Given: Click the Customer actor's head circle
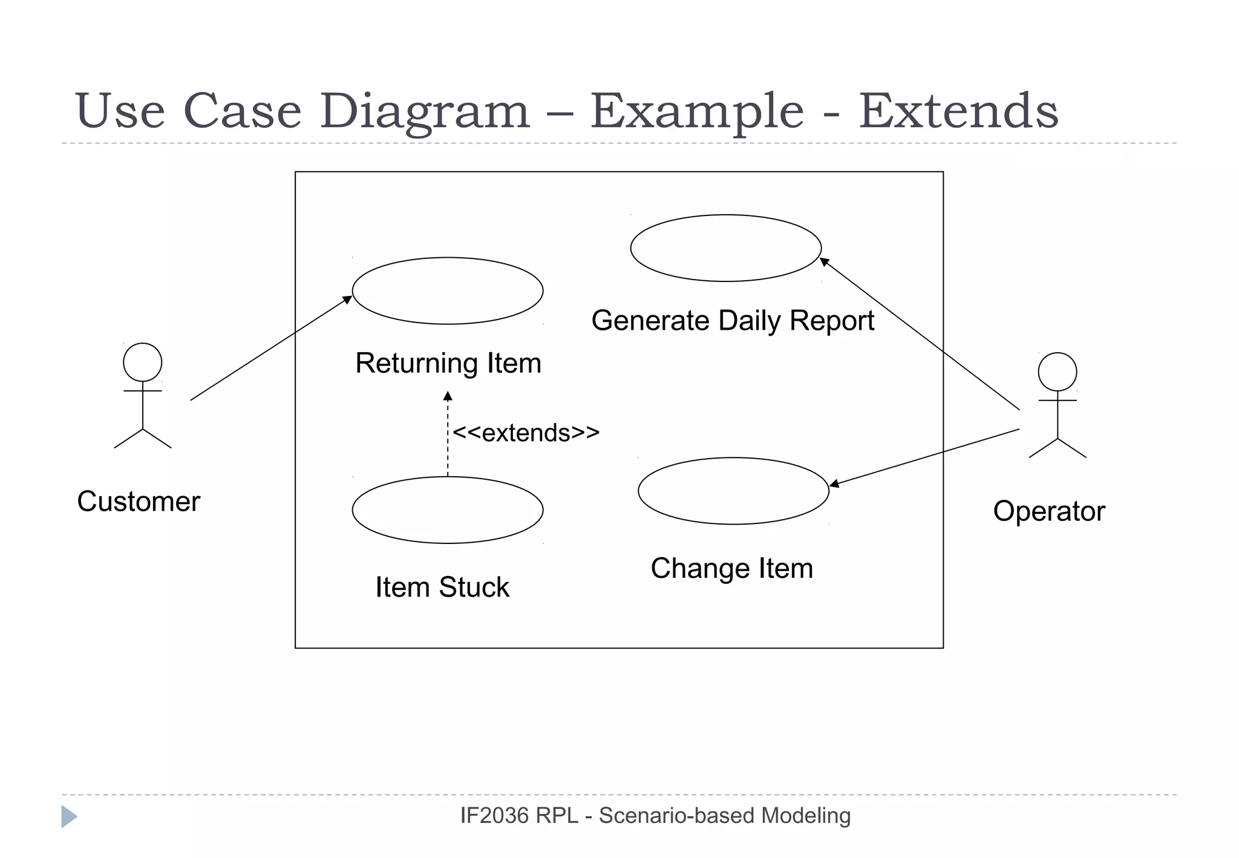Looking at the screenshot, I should pyautogui.click(x=142, y=362).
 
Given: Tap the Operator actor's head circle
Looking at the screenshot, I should pyautogui.click(x=1057, y=372).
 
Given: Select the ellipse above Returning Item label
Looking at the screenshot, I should pyautogui.click(x=447, y=291).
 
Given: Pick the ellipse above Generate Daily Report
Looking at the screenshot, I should pyautogui.click(x=725, y=248).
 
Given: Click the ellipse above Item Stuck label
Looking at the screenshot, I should pyautogui.click(x=447, y=510).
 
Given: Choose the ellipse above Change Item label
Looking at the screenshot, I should pyautogui.click(x=733, y=491).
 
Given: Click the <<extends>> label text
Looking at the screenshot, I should pyautogui.click(x=526, y=433).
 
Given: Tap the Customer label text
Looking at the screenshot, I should pyautogui.click(x=139, y=502).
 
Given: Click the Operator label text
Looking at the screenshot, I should pyautogui.click(x=1048, y=511).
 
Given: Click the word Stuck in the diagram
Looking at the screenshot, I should pyautogui.click(x=474, y=587).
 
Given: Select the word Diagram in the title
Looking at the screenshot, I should pyautogui.click(x=424, y=112).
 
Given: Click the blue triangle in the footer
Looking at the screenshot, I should pyautogui.click(x=68, y=816).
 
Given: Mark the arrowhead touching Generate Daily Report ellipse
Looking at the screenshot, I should pyautogui.click(x=824, y=261).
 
